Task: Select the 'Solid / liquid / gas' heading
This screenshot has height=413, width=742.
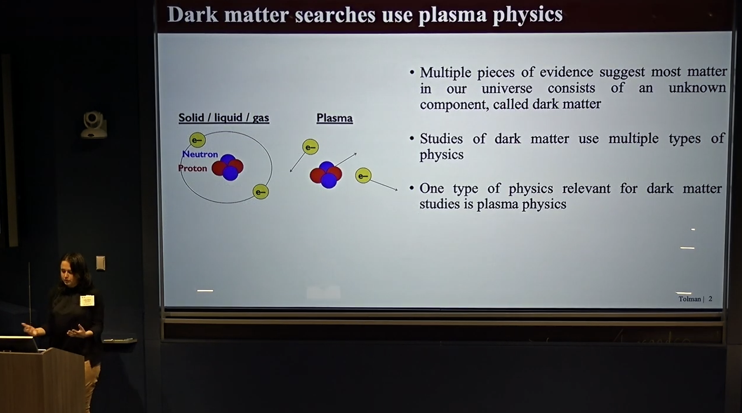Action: click(223, 118)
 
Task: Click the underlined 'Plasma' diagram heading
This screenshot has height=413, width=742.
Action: click(335, 118)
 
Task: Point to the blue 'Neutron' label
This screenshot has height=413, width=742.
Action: click(200, 154)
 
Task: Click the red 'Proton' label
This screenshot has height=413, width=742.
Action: click(192, 168)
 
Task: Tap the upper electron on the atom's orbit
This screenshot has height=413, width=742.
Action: click(198, 140)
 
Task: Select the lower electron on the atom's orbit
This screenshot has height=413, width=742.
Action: click(260, 192)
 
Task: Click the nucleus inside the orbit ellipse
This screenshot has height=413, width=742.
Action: click(228, 168)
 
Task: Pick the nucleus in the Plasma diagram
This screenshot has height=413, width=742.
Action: click(326, 175)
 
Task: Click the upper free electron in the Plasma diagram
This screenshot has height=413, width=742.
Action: click(310, 147)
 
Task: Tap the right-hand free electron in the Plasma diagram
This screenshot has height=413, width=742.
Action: click(363, 176)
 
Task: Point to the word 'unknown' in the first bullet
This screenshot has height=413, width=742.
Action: click(697, 88)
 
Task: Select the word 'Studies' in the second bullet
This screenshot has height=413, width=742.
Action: click(441, 139)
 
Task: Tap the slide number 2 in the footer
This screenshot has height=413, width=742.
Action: click(710, 299)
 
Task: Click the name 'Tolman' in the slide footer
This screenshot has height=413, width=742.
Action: click(690, 299)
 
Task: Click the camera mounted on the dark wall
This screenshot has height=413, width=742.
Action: click(94, 125)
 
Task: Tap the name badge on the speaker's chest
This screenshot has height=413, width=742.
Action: click(87, 301)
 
